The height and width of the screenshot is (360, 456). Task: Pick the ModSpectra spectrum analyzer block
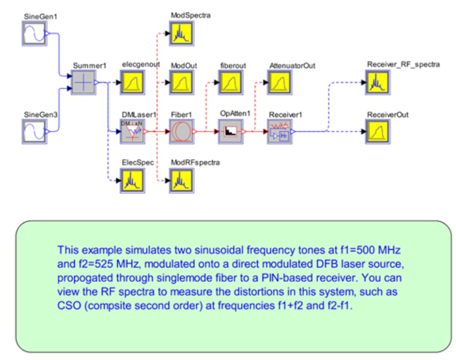(x=181, y=34)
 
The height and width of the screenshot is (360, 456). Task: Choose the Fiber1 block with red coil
(x=181, y=131)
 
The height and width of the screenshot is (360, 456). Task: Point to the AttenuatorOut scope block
(x=280, y=83)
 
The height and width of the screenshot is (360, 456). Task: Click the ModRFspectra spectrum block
(x=181, y=181)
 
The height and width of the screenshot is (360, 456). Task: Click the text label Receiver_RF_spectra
(x=403, y=65)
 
